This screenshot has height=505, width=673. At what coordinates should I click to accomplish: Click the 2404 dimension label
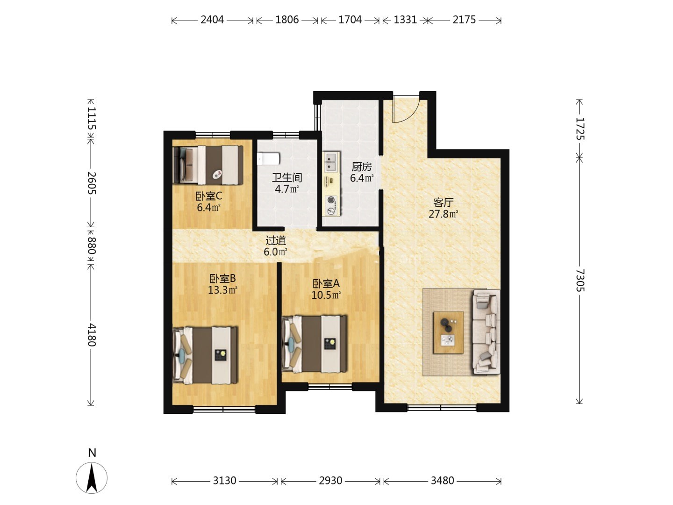pyautogui.click(x=212, y=20)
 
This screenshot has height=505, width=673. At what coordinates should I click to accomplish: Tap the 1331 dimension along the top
pyautogui.click(x=405, y=20)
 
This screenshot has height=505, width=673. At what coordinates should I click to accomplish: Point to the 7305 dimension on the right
pyautogui.click(x=580, y=280)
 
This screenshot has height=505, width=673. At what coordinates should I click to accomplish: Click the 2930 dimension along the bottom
pyautogui.click(x=330, y=481)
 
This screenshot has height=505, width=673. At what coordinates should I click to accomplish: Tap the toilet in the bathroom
pyautogui.click(x=269, y=159)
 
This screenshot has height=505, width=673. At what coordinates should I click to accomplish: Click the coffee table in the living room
pyautogui.click(x=448, y=332)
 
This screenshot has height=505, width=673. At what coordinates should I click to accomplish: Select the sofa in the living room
pyautogui.click(x=487, y=332)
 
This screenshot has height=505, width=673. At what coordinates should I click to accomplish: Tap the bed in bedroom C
pyautogui.click(x=208, y=165)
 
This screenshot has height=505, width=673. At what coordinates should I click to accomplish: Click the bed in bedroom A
pyautogui.click(x=314, y=344)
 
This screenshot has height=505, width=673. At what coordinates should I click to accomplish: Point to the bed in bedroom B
pyautogui.click(x=205, y=355)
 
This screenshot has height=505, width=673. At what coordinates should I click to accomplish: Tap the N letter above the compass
pyautogui.click(x=92, y=453)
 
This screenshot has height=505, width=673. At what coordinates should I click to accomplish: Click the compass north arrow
pyautogui.click(x=92, y=478)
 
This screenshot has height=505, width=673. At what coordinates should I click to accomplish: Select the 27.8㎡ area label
pyautogui.click(x=443, y=214)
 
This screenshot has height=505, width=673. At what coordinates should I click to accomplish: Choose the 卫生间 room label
pyautogui.click(x=287, y=178)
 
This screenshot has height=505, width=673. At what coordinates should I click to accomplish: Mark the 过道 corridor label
pyautogui.click(x=276, y=240)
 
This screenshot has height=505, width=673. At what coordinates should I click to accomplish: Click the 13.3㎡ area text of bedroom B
pyautogui.click(x=222, y=290)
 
